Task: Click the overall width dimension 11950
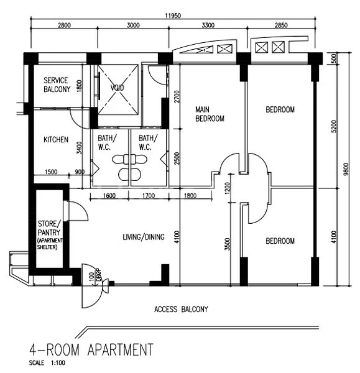pos(173,16)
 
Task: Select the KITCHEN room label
pos(56,140)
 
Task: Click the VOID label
pos(118,88)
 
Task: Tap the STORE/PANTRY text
pos(50,227)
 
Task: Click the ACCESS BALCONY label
pos(181,309)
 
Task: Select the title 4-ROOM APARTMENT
pos(90,349)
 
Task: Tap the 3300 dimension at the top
pos(208,25)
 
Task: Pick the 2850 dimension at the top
pos(281,25)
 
